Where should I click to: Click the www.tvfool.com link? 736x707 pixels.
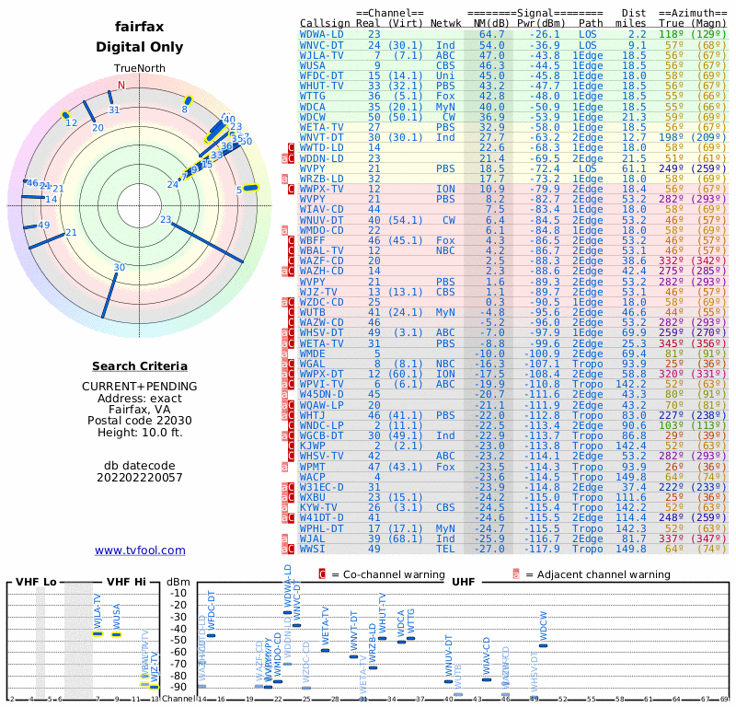[x=140, y=551]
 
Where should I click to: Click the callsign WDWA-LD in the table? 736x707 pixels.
[x=322, y=34]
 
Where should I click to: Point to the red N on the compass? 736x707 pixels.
[x=121, y=86]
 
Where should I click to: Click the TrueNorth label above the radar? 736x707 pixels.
[x=140, y=69]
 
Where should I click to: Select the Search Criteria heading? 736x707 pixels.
[x=140, y=366]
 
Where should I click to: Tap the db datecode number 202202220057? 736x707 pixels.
[x=140, y=477]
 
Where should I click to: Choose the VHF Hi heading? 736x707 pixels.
[x=125, y=582]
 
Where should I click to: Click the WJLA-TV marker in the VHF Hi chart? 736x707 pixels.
[x=98, y=633]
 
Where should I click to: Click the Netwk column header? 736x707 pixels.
[x=446, y=23]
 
